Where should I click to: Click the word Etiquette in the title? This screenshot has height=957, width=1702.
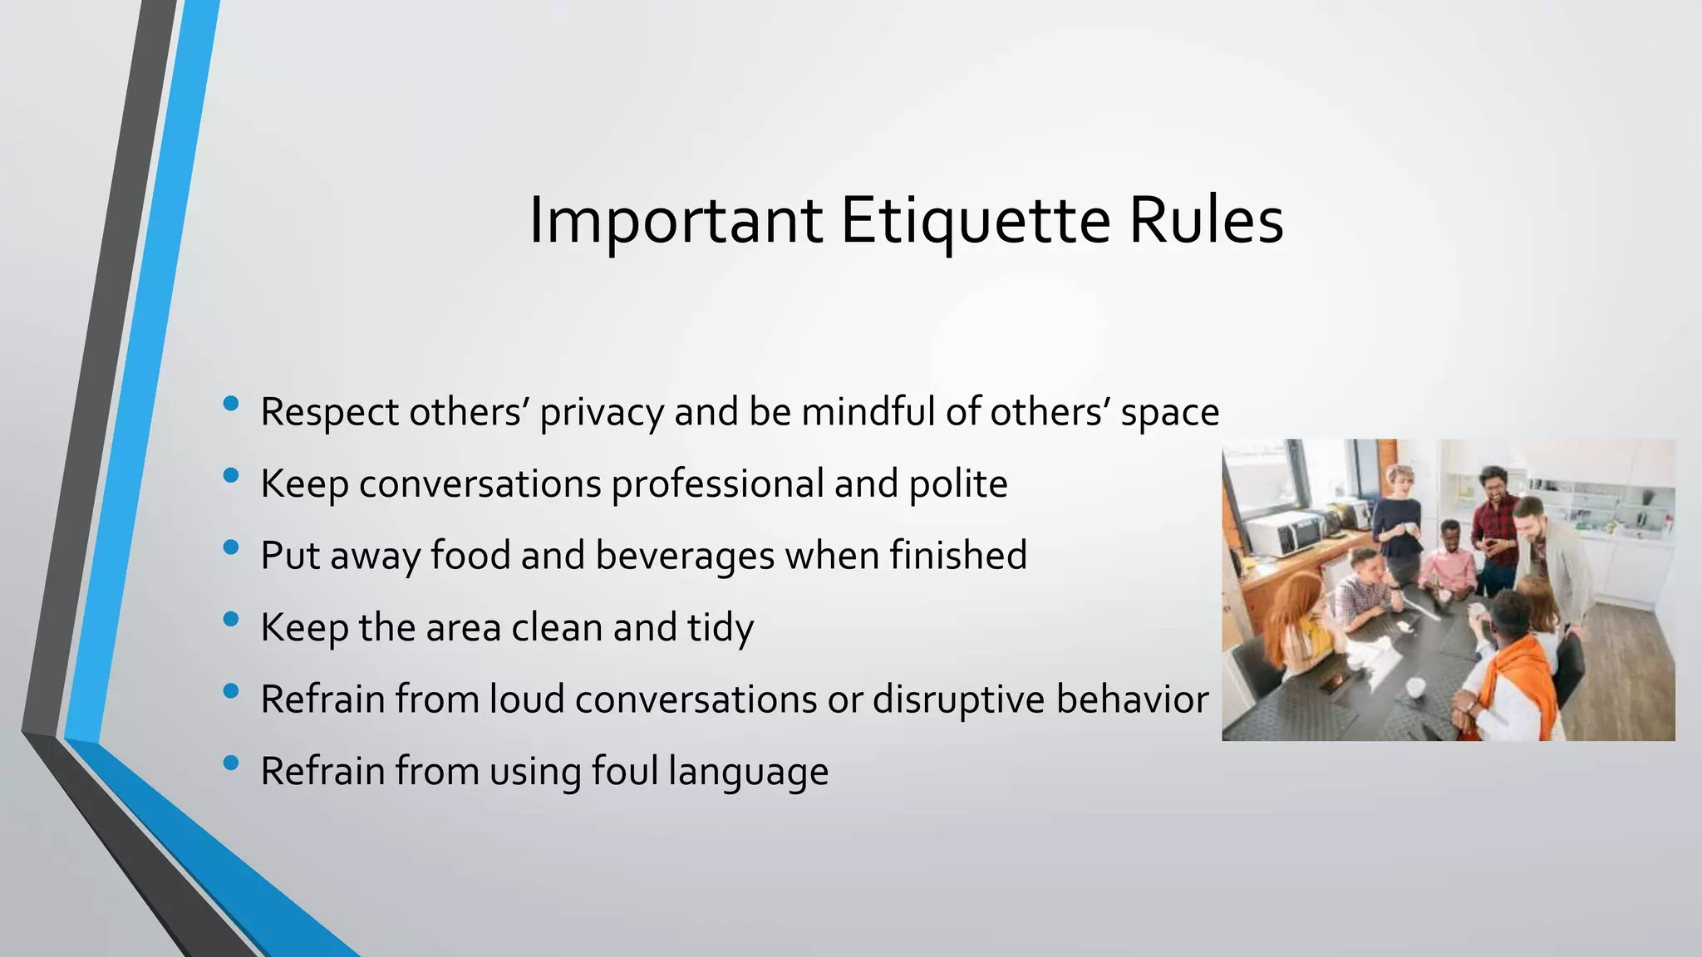(x=975, y=221)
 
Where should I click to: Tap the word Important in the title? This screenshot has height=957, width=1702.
(x=676, y=221)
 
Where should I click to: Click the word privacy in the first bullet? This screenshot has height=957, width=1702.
(x=602, y=413)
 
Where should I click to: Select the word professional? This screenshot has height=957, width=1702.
(x=717, y=484)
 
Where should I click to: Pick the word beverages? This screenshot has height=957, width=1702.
(x=685, y=556)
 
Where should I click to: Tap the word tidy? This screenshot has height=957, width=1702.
(x=720, y=628)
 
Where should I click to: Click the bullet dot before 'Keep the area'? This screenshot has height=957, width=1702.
(x=231, y=619)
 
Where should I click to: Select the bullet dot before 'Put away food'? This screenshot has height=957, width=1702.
(x=231, y=547)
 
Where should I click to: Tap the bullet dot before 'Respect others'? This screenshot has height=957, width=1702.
(x=231, y=404)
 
